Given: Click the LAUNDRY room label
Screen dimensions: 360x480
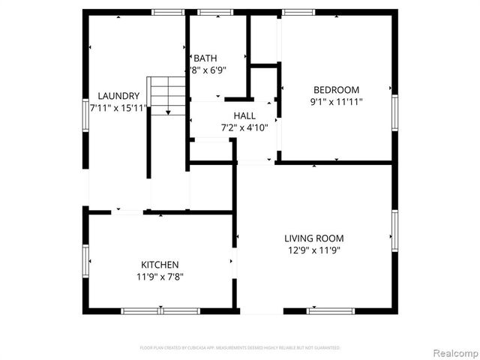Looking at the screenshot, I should click(119, 96).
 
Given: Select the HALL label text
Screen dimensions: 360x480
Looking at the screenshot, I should click(244, 115).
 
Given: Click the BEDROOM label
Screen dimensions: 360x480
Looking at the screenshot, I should click(336, 89).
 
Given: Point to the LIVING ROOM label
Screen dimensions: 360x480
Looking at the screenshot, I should click(314, 238).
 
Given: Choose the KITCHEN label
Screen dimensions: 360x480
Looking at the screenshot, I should click(160, 265).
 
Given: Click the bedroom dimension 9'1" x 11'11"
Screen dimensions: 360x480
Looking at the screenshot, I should click(336, 101).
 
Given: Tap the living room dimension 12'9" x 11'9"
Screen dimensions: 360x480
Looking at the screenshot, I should click(314, 250).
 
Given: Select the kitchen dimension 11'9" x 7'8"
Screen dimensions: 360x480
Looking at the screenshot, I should click(160, 277).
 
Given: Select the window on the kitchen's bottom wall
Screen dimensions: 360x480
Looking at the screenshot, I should click(160, 310).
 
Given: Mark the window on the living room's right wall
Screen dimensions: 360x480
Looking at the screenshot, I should click(394, 229).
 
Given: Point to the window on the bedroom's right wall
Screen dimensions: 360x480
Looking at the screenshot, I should click(394, 113).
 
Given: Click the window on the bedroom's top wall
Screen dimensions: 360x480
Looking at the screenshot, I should click(298, 12).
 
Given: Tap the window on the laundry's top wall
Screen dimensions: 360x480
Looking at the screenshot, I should click(168, 12).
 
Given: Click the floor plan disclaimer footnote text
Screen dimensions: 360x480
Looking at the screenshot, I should click(240, 348).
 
